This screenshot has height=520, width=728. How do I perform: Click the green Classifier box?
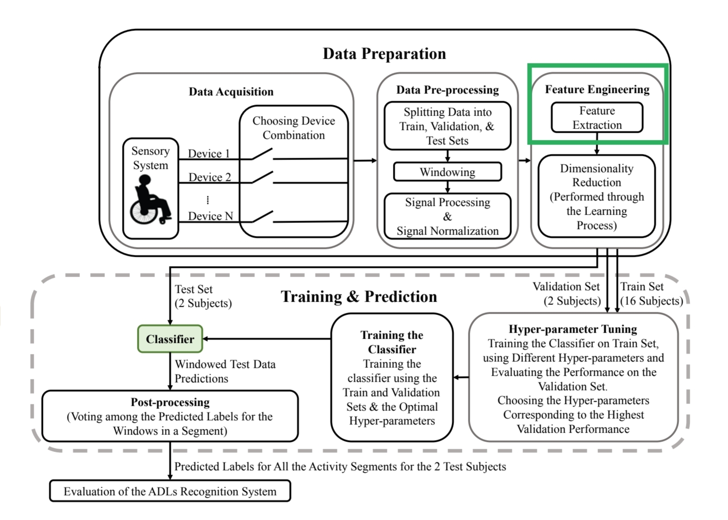pyautogui.click(x=170, y=339)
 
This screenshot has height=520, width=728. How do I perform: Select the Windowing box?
pyautogui.click(x=448, y=172)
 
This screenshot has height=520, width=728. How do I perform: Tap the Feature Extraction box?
pyautogui.click(x=597, y=118)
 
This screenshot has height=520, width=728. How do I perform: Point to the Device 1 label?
pyautogui.click(x=209, y=153)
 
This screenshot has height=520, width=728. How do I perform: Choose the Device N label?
pyautogui.click(x=211, y=216)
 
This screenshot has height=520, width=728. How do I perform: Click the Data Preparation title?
pyautogui.click(x=384, y=54)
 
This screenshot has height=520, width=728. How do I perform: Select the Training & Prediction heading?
pyautogui.click(x=359, y=297)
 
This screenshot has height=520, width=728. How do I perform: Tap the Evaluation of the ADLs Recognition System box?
pyautogui.click(x=170, y=491)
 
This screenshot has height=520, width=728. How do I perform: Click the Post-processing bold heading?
pyautogui.click(x=170, y=402)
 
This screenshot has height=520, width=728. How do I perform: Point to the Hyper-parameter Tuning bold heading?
pyautogui.click(x=573, y=329)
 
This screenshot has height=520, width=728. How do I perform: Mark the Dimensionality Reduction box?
pyautogui.click(x=597, y=196)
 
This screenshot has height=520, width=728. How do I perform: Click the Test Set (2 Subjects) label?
pyautogui.click(x=204, y=296)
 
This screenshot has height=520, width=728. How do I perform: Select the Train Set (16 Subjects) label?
pyautogui.click(x=652, y=294)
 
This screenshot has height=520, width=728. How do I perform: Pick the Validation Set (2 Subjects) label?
pyautogui.click(x=567, y=294)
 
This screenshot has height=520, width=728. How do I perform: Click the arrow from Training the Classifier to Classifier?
pyautogui.click(x=267, y=339)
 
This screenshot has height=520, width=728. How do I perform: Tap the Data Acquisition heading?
pyautogui.click(x=231, y=92)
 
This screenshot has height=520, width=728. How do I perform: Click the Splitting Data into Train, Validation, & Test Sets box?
pyautogui.click(x=448, y=126)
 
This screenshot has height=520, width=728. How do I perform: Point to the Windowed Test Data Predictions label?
pyautogui.click(x=225, y=371)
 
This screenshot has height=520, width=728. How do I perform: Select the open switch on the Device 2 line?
pyautogui.click(x=262, y=177)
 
